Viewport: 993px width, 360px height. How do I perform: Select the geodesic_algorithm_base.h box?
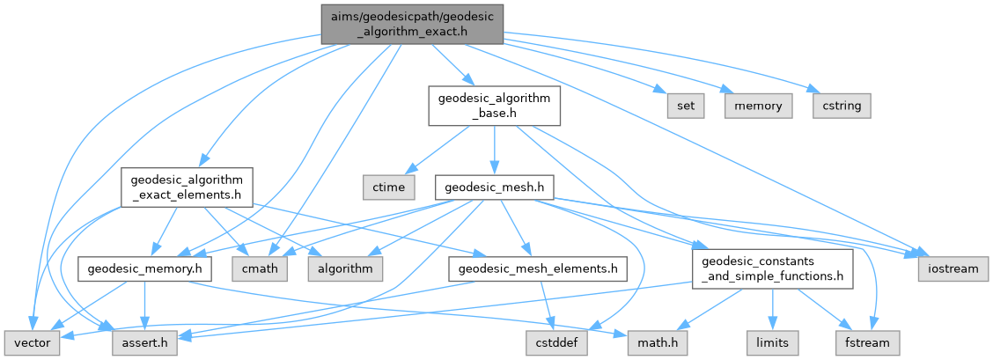tap(493, 106)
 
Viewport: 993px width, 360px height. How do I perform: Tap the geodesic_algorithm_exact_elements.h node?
tap(187, 187)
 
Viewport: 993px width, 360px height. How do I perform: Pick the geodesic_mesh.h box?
tap(494, 187)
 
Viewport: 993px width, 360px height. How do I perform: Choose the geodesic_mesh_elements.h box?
tap(537, 268)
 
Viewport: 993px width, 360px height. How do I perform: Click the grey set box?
tap(686, 106)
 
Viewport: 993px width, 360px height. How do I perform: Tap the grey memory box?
tap(758, 106)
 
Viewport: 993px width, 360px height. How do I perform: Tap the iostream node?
tap(953, 268)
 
